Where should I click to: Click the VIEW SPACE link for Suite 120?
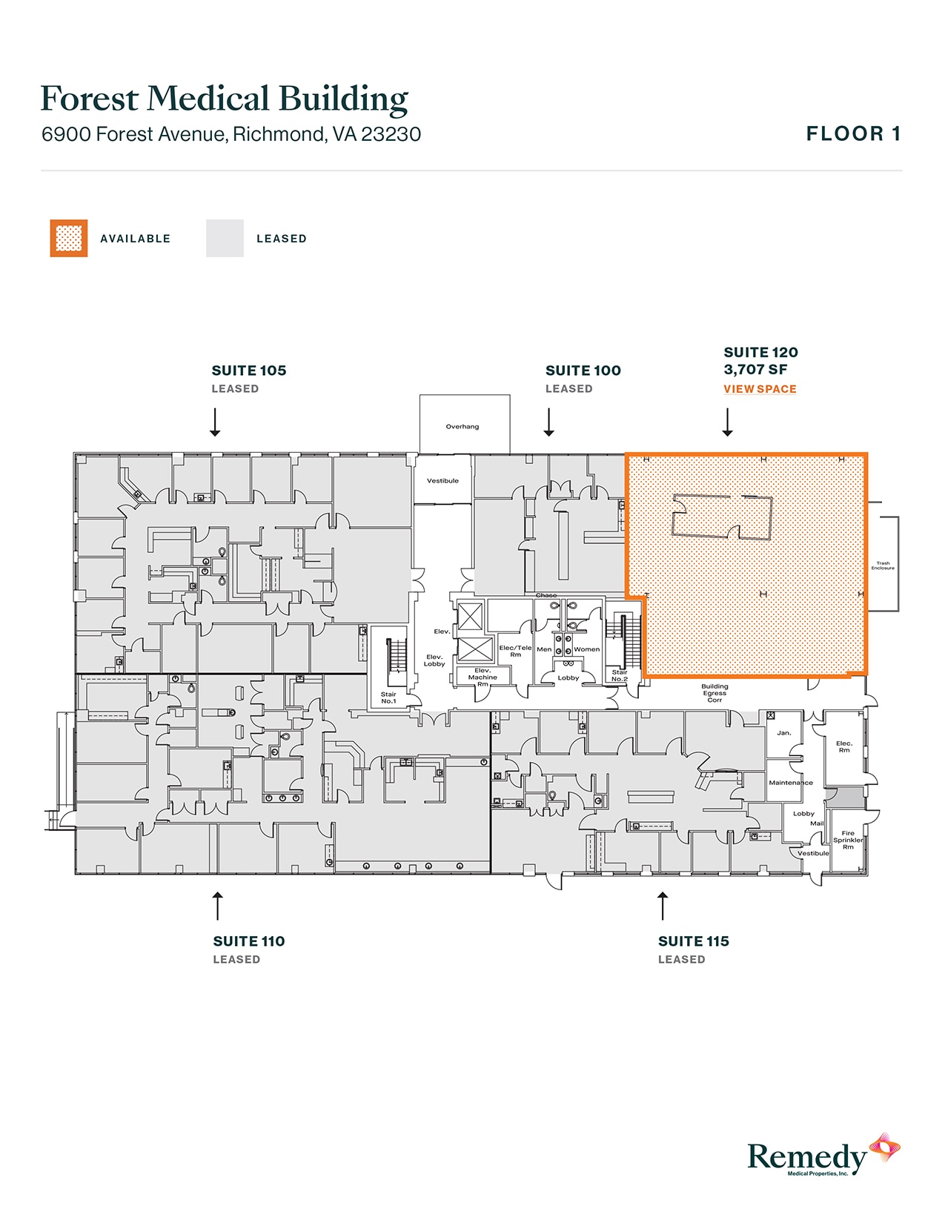coord(760,389)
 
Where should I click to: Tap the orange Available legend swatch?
coord(69,239)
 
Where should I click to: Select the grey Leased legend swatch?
coord(225,239)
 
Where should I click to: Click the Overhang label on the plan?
coord(462,427)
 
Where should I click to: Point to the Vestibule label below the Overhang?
coord(442,481)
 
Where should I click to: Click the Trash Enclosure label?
coord(883,566)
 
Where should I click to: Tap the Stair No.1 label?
coord(388,697)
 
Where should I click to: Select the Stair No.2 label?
coord(620,676)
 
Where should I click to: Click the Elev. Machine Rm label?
coord(483,677)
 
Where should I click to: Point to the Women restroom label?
coord(586,649)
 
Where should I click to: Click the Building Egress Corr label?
coord(714,693)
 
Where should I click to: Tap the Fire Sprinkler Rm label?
coord(848,840)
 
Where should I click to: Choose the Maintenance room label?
coord(791,783)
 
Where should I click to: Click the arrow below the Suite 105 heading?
coord(215,422)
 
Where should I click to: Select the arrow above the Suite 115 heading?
coord(663,906)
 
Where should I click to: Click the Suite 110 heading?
coord(249,941)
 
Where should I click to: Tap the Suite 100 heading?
coord(583,371)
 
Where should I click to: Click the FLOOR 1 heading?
coord(853,134)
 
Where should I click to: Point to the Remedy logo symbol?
coord(884,1149)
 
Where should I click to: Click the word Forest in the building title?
coord(90,99)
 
